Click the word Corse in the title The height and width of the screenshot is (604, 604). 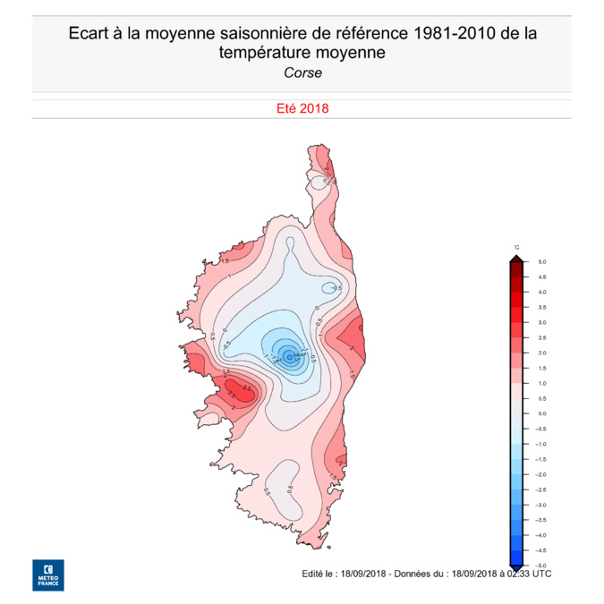tap(302, 73)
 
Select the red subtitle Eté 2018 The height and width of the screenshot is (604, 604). tap(302, 109)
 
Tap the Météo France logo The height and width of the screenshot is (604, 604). tap(48, 574)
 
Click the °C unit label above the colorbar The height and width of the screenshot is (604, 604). tap(516, 247)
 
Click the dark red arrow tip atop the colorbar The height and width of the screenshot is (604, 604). tap(516, 259)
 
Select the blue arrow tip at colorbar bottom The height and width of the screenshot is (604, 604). tap(516, 566)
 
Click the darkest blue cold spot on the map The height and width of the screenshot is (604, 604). tap(289, 355)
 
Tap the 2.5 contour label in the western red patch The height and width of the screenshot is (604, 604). tap(234, 390)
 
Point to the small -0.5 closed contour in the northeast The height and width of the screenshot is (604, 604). tap(333, 287)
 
